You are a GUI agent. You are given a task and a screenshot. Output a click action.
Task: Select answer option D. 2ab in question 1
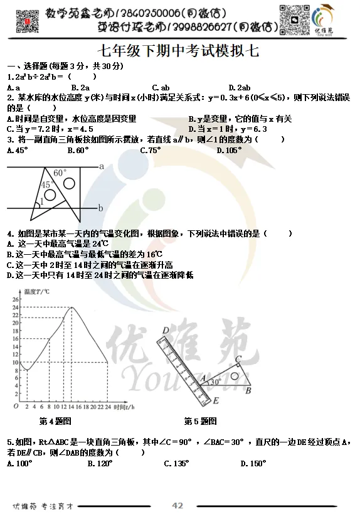[240, 87]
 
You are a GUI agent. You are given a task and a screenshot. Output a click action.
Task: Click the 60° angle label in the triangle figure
[60, 173]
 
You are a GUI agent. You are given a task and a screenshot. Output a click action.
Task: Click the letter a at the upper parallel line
[101, 166]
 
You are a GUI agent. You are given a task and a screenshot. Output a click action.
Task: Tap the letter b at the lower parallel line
[100, 208]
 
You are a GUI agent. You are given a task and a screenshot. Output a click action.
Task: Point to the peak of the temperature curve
[72, 308]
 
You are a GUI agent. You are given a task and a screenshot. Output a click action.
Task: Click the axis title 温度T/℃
[36, 292]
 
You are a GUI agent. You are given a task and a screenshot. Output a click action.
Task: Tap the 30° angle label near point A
[215, 381]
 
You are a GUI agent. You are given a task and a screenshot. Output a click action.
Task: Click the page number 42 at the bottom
[177, 505]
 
